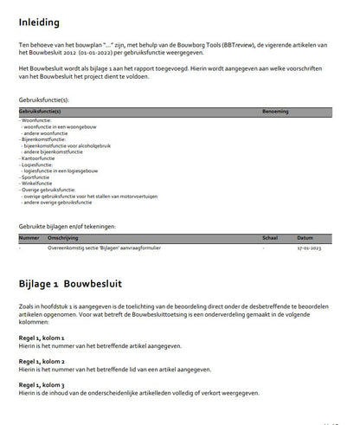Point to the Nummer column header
[29, 236]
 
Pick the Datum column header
[305, 236]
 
